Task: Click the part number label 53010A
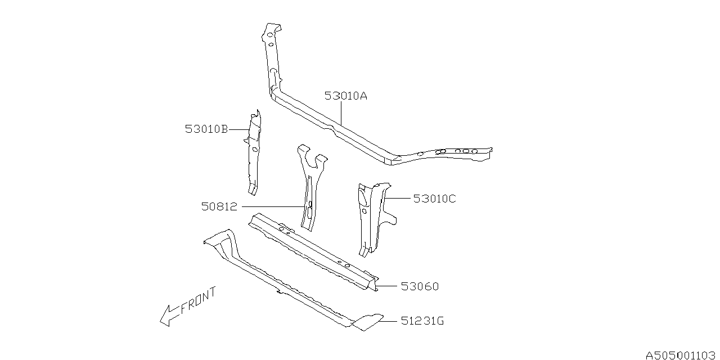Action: pos(345,96)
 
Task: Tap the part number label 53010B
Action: pos(206,129)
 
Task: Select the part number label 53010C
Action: pos(434,199)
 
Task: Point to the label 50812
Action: pos(219,207)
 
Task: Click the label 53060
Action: pos(420,287)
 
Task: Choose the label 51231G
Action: pos(422,321)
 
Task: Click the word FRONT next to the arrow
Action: pos(198,301)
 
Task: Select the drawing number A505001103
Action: pos(681,355)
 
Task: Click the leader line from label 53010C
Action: pos(398,198)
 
